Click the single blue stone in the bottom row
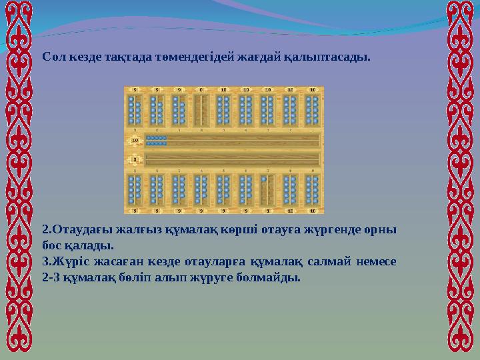click(264, 179)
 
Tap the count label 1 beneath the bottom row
click(267, 210)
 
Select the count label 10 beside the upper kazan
click(135, 141)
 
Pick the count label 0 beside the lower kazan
click(135, 160)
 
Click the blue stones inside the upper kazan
click(157, 140)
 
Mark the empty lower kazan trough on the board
click(230, 160)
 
